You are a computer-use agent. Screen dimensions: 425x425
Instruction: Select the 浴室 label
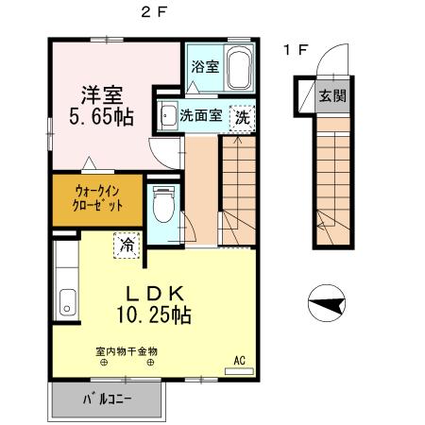tap(205, 66)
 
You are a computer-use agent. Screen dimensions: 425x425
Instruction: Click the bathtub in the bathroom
tap(236, 67)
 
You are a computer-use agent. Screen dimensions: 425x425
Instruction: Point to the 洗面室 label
tap(200, 116)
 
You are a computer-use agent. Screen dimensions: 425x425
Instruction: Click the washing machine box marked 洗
tap(242, 116)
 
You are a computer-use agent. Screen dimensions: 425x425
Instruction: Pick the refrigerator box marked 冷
tap(126, 245)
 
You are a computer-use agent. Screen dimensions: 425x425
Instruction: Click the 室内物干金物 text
tap(127, 351)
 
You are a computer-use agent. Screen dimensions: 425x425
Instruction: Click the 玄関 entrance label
tap(331, 95)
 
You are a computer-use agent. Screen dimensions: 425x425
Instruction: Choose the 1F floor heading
tap(295, 49)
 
